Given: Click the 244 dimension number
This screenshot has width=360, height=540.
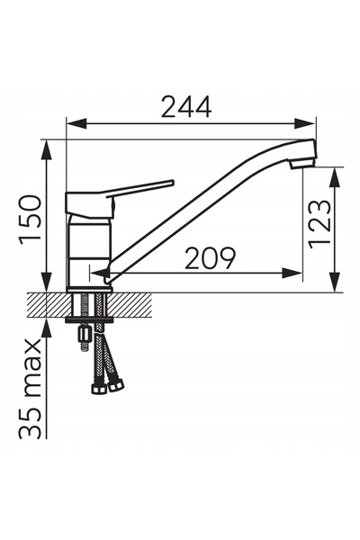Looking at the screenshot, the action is [x=186, y=107].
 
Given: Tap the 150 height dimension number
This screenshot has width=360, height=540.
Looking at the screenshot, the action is [x=31, y=220].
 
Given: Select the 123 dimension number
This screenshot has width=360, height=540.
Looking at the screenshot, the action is [x=320, y=224].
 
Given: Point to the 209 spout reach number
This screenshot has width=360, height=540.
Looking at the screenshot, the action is [x=210, y=258].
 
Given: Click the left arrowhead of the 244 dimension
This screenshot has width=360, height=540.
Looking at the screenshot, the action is [x=76, y=123].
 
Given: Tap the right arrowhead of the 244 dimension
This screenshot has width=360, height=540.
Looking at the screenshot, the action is [x=305, y=123].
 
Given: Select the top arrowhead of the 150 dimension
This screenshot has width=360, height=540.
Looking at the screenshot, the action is [x=46, y=149].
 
